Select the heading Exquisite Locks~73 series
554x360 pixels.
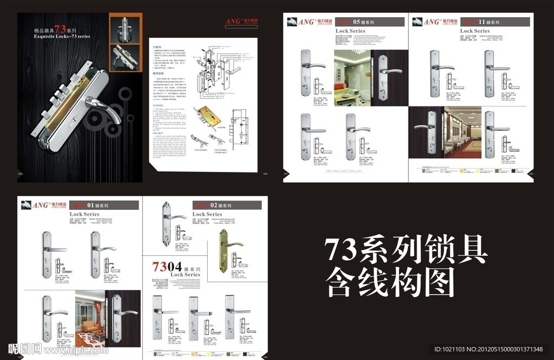click(62, 36)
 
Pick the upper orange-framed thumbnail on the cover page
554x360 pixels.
click(126, 28)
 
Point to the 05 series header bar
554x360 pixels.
click(370, 22)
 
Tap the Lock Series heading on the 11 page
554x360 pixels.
click(474, 31)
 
